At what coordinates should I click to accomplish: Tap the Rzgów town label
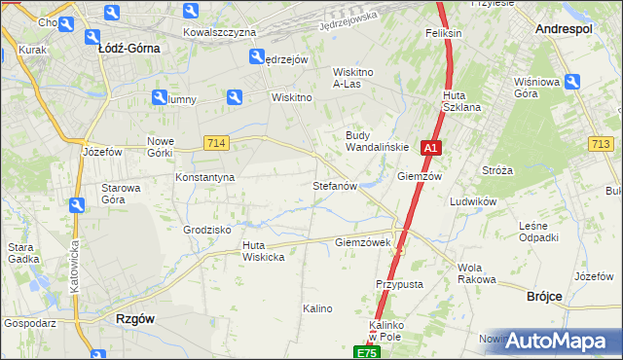tap(134, 318)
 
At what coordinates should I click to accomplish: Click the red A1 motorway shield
tap(432, 149)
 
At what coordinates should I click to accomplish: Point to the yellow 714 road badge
tap(217, 143)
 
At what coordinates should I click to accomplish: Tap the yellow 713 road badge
tap(601, 144)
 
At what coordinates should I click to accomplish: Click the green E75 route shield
tap(366, 352)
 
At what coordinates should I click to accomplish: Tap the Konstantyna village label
tap(205, 178)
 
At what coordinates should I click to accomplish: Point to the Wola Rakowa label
tap(476, 273)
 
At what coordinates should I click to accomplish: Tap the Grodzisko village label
tap(206, 230)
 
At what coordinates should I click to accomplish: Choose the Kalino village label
tap(317, 308)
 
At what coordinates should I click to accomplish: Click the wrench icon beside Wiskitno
tap(234, 96)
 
